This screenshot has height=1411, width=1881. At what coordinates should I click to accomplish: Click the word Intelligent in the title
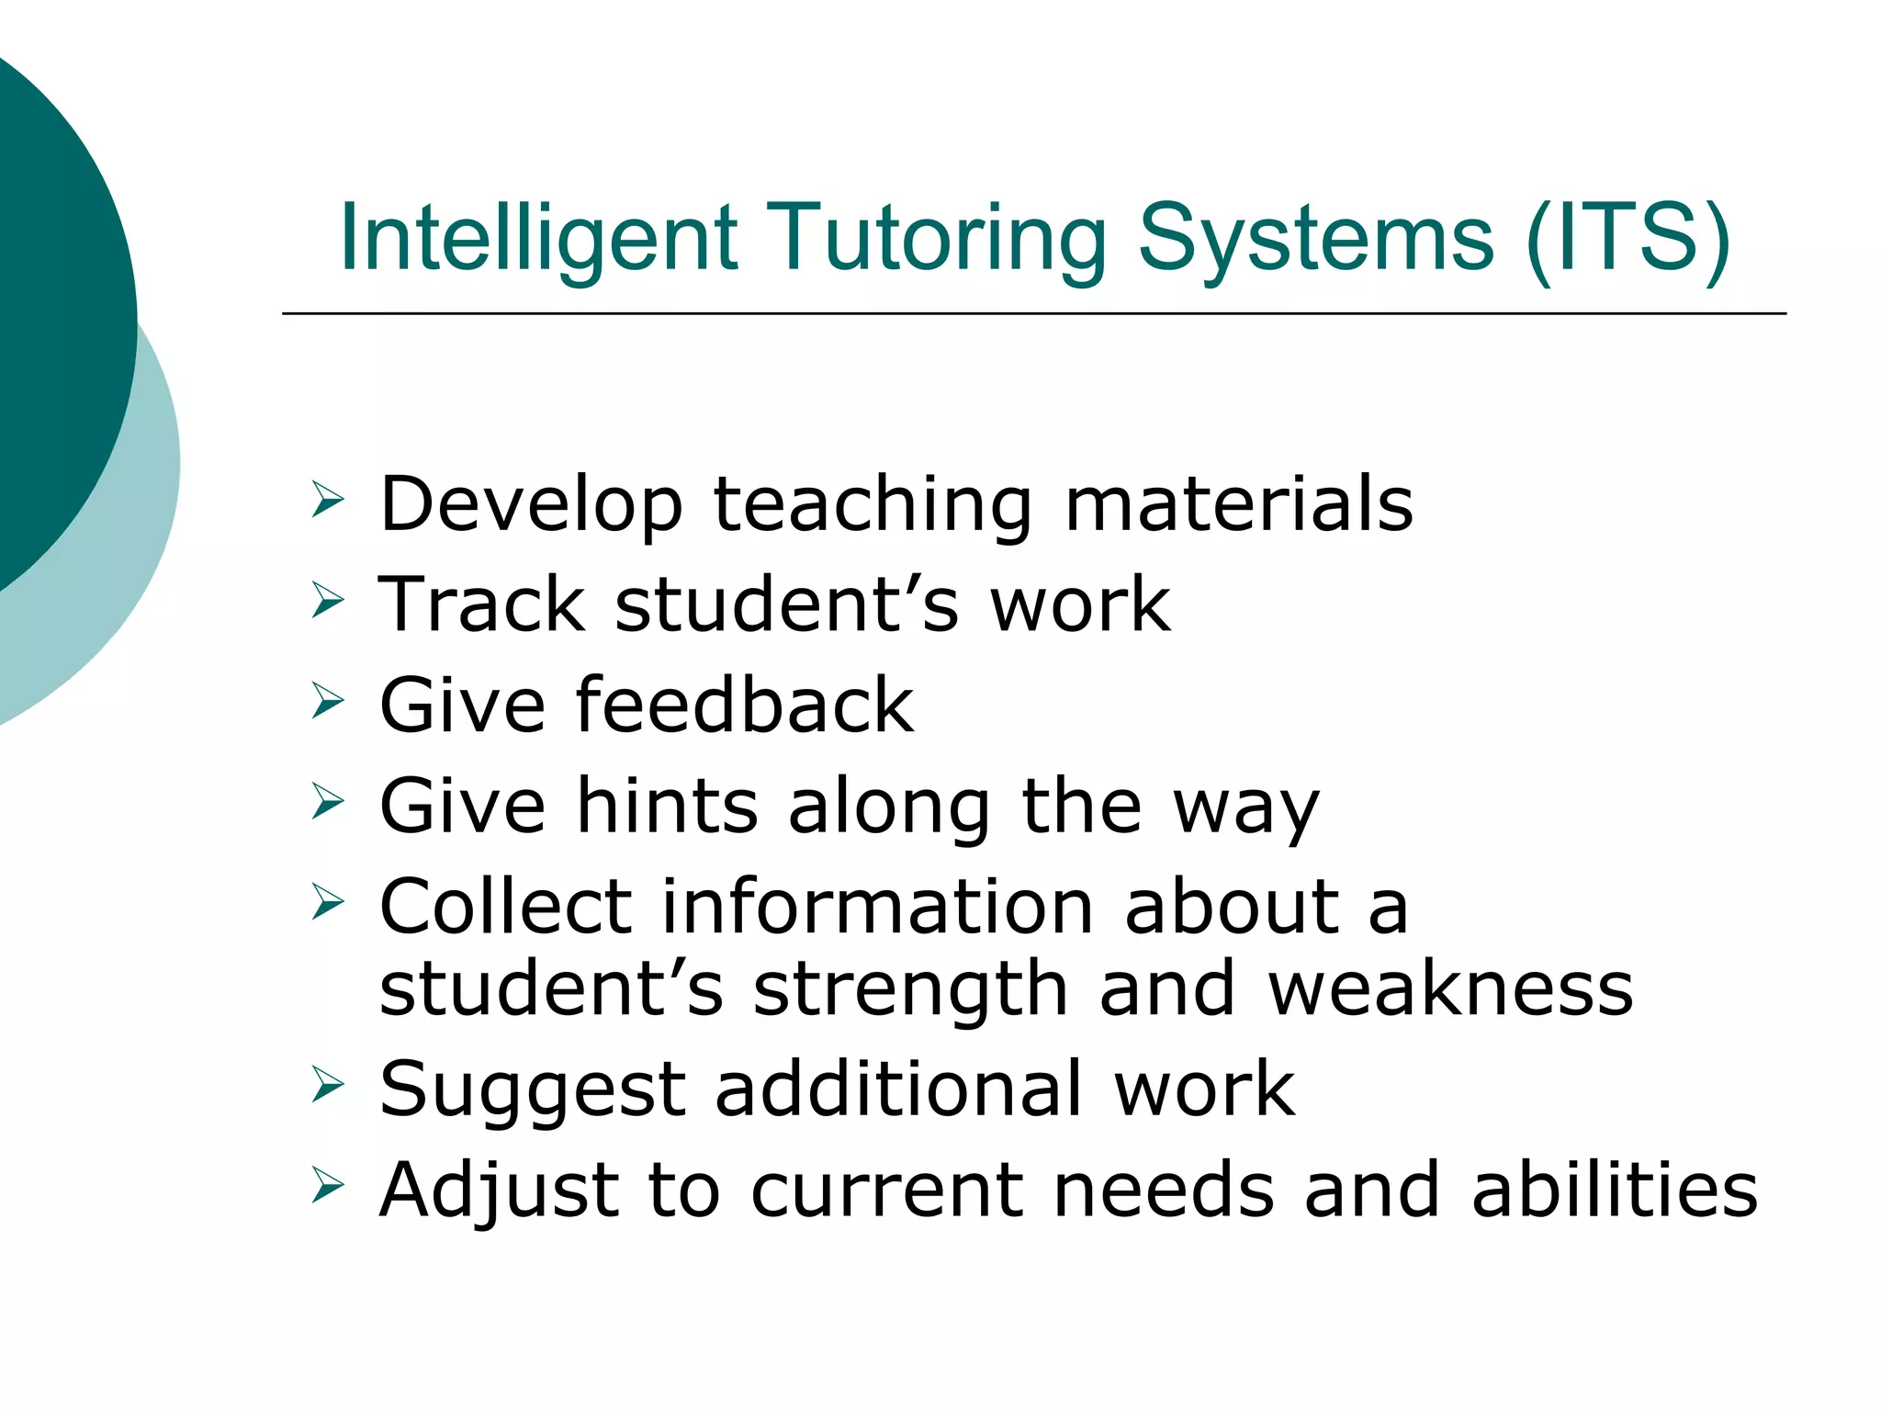pos(539,239)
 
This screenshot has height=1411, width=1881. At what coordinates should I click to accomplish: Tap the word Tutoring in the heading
pos(936,239)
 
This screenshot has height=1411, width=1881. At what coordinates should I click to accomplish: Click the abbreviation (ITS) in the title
pos(1628,239)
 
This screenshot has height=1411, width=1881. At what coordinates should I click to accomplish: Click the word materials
pos(1239,504)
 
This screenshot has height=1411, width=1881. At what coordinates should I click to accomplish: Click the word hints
pos(667,806)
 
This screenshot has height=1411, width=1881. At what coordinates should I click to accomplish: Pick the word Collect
pos(506,907)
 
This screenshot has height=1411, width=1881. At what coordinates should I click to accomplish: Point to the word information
pos(877,907)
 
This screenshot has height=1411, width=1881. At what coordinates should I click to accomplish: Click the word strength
pos(910,989)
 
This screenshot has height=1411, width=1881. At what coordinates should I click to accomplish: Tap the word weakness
pos(1451,989)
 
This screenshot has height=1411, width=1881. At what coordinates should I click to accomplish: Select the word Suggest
pos(533,1090)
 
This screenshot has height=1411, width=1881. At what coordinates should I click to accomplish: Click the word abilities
pos(1615,1191)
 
